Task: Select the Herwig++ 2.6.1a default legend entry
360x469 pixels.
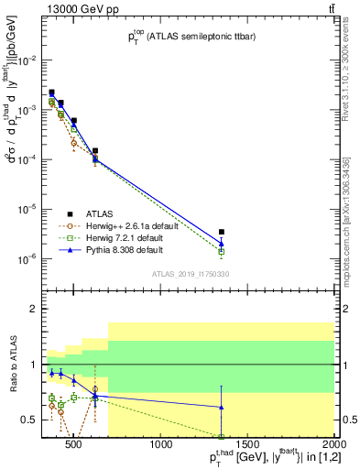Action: [x=131, y=225]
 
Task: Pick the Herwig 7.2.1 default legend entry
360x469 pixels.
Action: [x=127, y=237]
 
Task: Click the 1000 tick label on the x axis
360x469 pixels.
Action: [x=161, y=446]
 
